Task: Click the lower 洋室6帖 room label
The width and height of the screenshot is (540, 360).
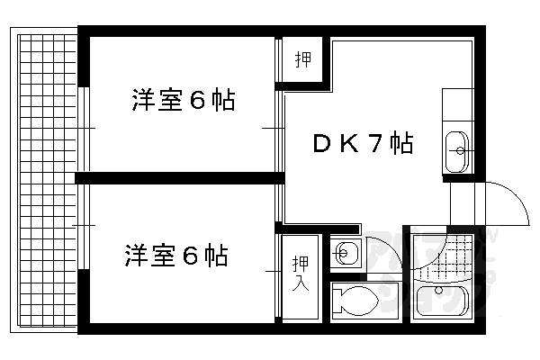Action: (175, 256)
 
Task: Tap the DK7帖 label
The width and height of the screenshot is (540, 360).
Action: (363, 143)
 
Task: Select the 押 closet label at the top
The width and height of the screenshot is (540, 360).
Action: (303, 61)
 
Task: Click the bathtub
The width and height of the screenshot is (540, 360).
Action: (445, 301)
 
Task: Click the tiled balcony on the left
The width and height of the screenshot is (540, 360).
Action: (45, 180)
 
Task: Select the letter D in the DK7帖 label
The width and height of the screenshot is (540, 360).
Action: (320, 143)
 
